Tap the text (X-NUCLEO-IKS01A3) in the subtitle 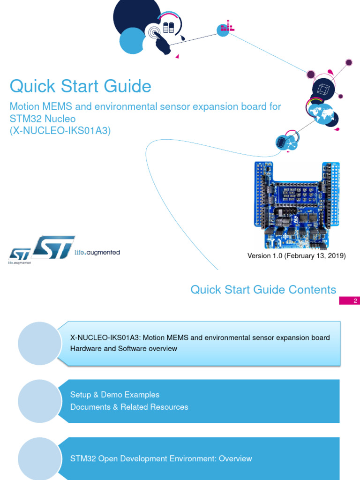click(x=60, y=131)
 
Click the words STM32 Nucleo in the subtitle click(x=43, y=119)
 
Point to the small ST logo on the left click(x=19, y=255)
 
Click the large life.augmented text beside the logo click(x=97, y=252)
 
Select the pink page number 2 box click(x=349, y=301)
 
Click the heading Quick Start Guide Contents click(x=263, y=290)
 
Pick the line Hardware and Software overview click(x=124, y=349)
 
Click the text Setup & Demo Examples click(x=115, y=395)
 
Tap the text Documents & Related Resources click(x=129, y=407)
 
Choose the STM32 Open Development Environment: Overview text click(x=161, y=458)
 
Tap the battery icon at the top click(x=168, y=27)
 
